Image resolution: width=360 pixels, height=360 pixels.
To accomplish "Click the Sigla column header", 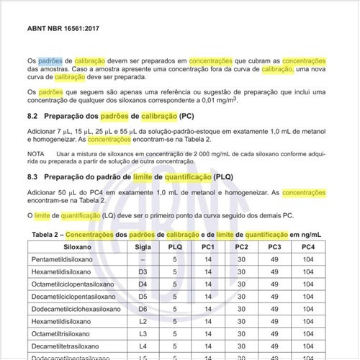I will click(143, 247).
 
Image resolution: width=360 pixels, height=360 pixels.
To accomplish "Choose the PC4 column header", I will click(307, 247).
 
